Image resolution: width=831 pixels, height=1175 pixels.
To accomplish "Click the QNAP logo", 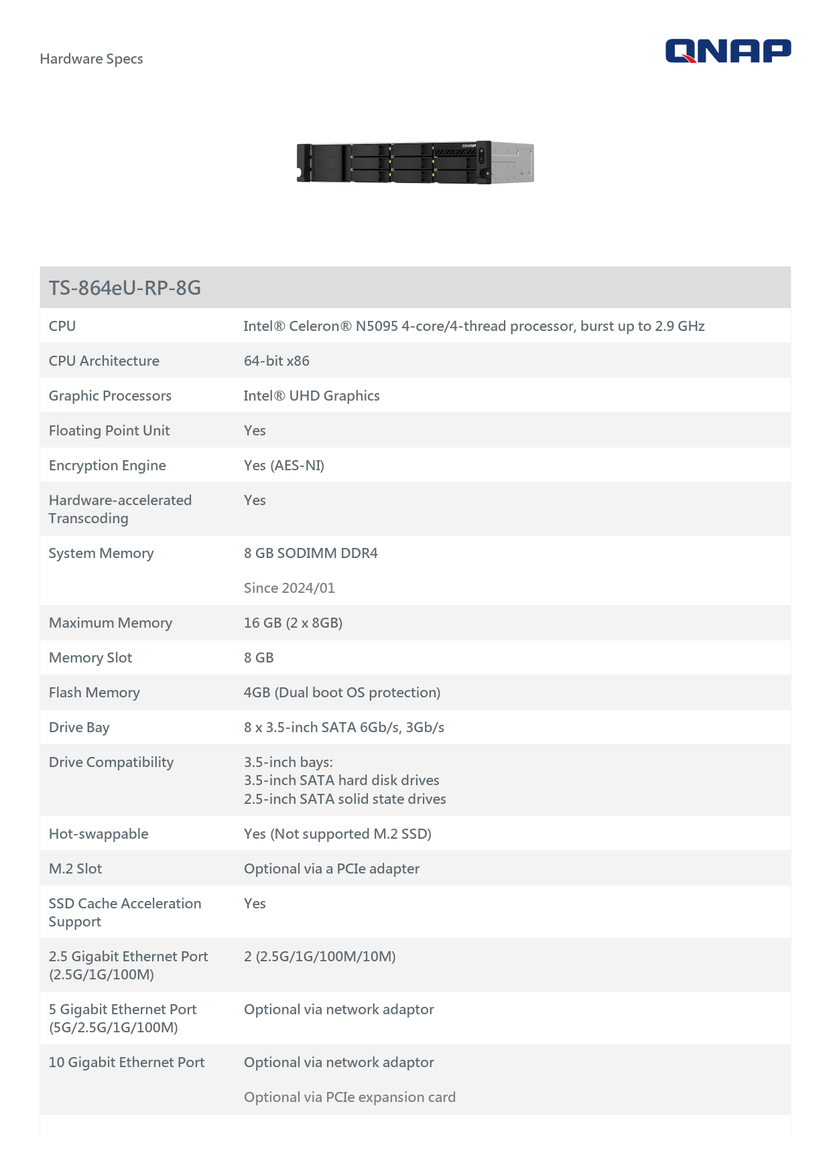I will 728,51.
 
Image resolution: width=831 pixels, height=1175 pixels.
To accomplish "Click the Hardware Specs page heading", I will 91,59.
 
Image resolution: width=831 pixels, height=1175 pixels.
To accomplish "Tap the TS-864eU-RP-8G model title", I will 125,288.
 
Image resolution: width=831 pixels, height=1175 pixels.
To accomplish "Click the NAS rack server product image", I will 415,162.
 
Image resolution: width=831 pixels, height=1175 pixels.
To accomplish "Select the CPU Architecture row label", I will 104,361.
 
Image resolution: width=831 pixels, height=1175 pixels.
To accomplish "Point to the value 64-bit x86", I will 276,361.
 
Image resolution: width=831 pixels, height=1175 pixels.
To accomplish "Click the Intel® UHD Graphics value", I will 311,396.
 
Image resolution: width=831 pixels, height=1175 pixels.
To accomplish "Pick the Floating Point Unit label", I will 109,431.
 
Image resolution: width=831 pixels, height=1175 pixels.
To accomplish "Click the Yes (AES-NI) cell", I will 283,466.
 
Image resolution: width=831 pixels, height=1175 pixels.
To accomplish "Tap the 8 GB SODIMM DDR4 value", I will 310,553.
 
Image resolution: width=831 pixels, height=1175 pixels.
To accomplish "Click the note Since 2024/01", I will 289,588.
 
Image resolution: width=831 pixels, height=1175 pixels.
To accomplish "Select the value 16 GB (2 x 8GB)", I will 293,623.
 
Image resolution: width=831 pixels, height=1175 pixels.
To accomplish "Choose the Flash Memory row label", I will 94,693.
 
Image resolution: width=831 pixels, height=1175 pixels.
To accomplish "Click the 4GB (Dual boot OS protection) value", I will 342,693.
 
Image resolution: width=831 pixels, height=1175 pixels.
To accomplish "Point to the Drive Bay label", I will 79,728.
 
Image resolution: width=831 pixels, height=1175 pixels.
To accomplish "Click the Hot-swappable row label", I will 99,834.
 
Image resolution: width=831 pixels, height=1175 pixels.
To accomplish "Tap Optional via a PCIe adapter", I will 331,869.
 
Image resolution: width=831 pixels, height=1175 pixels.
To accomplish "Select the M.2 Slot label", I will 75,869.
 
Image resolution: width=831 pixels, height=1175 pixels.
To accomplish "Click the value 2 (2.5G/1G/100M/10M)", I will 320,957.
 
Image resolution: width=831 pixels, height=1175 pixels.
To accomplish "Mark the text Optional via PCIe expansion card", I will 349,1097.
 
